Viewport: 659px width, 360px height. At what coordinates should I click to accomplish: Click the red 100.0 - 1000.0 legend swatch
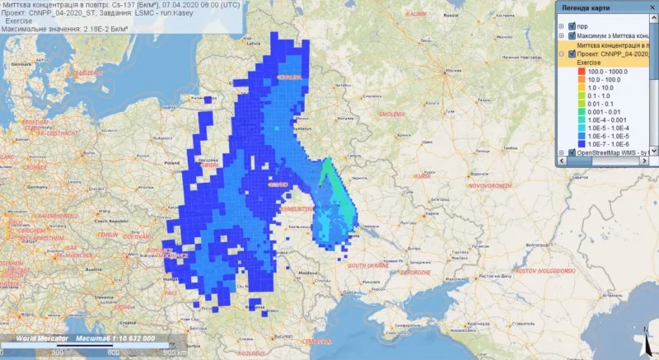pos(568,72)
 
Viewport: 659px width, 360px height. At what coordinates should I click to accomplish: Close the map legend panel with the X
pos(652,7)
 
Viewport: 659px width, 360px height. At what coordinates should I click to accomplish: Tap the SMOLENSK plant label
pos(391,113)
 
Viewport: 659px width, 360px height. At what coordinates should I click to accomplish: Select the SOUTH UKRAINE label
pos(367,265)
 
